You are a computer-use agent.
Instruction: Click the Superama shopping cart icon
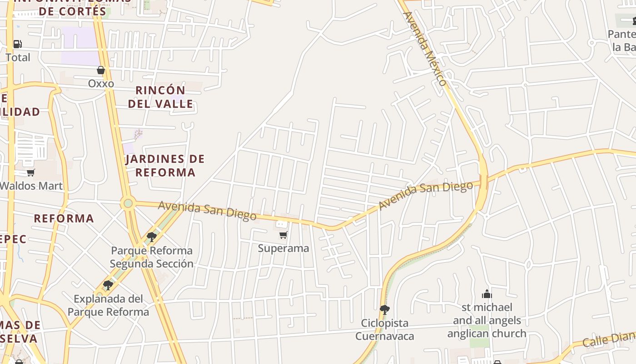pos(283,235)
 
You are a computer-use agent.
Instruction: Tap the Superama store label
pos(283,248)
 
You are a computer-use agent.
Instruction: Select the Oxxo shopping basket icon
pos(101,70)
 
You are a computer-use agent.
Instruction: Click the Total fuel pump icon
pos(17,44)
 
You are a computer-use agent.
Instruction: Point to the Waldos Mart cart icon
pos(30,172)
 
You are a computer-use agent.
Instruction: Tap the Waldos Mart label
pos(31,186)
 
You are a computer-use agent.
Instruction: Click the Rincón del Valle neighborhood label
pos(160,97)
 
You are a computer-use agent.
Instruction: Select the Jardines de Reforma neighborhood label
pos(165,166)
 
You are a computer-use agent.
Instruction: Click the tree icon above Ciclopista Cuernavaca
pos(384,310)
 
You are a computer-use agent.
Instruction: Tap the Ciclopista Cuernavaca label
pos(384,329)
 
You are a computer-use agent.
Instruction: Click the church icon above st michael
pos(487,293)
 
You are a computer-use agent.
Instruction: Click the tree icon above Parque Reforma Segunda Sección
pos(152,237)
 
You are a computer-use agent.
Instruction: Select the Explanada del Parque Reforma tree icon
pos(108,285)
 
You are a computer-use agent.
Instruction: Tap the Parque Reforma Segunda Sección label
pos(152,257)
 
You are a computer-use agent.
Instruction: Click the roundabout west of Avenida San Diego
pos(128,203)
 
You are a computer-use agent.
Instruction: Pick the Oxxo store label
pos(101,84)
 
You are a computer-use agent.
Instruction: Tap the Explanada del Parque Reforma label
pos(108,305)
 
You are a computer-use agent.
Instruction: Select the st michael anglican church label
pos(487,320)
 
